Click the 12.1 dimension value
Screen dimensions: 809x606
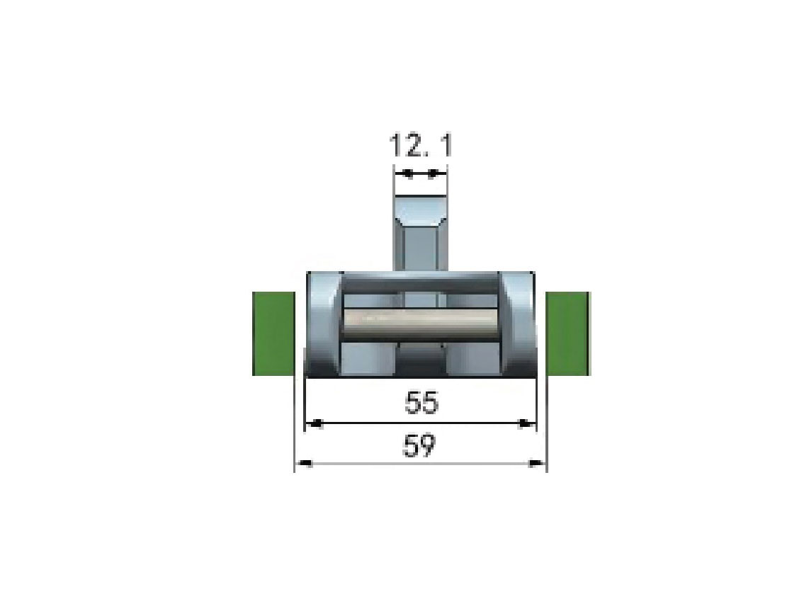click(x=421, y=145)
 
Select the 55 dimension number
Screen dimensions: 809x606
click(x=422, y=402)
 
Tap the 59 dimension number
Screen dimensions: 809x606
click(x=419, y=445)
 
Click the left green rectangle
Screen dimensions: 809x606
click(x=273, y=333)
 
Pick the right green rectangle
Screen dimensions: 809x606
click(x=568, y=333)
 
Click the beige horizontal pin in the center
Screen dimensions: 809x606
click(x=422, y=324)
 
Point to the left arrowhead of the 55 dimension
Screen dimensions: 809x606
click(x=315, y=424)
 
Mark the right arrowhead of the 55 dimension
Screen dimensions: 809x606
click(x=527, y=424)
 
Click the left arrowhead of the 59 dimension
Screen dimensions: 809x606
click(x=304, y=464)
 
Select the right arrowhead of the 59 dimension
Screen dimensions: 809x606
click(x=538, y=464)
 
